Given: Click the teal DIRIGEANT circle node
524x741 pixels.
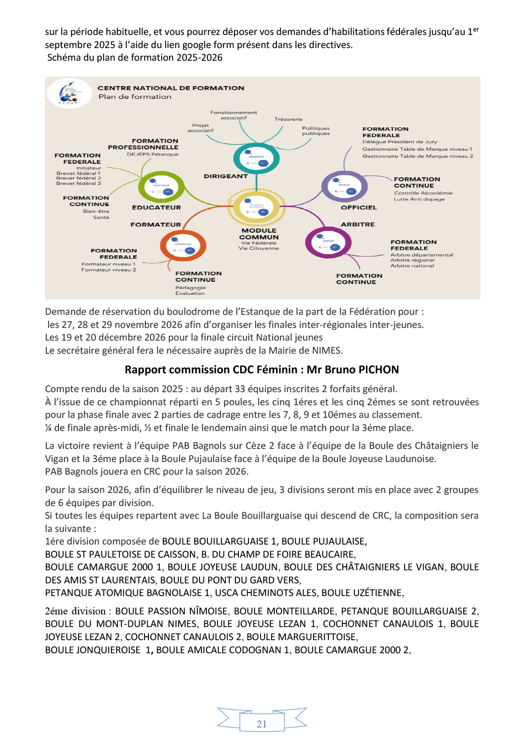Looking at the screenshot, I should click(256, 159).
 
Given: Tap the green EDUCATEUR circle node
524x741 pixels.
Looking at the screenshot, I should click(161, 187).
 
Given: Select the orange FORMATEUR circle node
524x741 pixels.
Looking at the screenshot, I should click(183, 246).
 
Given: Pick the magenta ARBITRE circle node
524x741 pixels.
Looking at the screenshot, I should click(328, 243).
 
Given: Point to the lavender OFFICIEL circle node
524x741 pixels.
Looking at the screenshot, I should click(345, 187).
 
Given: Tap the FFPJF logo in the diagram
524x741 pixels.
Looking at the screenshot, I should click(69, 93).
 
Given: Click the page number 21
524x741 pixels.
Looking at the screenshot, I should click(262, 724).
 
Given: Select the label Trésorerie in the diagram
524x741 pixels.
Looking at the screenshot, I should click(288, 119).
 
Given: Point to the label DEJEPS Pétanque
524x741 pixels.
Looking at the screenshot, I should click(152, 154).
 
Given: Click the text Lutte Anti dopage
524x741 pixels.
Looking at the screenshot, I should click(419, 199).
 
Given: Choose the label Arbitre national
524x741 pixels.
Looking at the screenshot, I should click(412, 265).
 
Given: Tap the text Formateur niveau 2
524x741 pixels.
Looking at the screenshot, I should click(109, 270).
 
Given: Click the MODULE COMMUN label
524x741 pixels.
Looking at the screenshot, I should click(259, 234).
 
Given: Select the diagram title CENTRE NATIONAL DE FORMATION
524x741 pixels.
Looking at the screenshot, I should click(171, 88).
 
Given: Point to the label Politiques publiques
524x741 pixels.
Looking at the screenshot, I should click(316, 131).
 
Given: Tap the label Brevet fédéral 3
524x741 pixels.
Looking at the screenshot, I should click(79, 183).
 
